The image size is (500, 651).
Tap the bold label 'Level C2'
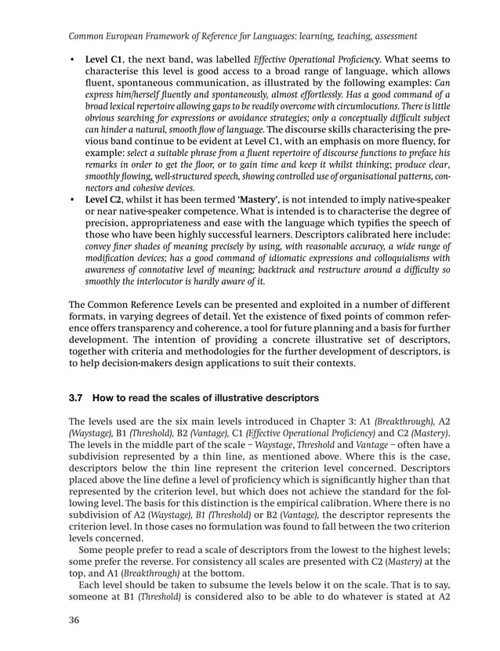pos(105,201)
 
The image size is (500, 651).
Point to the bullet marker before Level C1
pos(73,59)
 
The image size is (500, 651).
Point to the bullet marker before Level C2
pos(73,201)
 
